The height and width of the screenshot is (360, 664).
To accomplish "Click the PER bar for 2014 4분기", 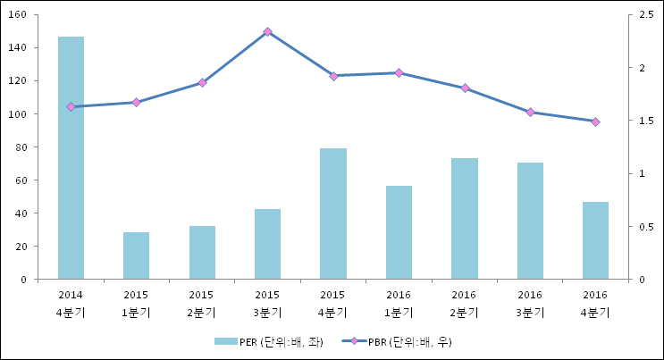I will tap(71, 158).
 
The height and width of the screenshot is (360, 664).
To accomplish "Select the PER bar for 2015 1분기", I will tap(136, 255).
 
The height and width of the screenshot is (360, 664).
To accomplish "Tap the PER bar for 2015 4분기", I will tap(332, 213).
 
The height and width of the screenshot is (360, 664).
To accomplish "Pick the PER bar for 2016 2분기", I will tap(464, 219).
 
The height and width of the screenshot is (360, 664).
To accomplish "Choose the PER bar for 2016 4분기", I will tap(595, 240).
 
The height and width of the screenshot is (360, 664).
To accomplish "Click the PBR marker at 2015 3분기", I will tap(267, 31).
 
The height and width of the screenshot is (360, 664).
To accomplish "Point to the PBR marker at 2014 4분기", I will tap(71, 106).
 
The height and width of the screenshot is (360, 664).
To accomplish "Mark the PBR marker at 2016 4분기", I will tap(595, 121).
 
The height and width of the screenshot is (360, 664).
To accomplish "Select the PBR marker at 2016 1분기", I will tap(399, 72).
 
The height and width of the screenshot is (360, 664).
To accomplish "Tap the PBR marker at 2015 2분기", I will tap(202, 82).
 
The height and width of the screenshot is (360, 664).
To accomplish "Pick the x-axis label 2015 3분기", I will tap(267, 304).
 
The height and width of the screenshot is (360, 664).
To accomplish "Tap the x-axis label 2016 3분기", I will tap(530, 304).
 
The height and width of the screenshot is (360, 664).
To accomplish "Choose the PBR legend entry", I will tap(408, 341).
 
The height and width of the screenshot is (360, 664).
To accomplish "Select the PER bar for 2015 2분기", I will tap(202, 253).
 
